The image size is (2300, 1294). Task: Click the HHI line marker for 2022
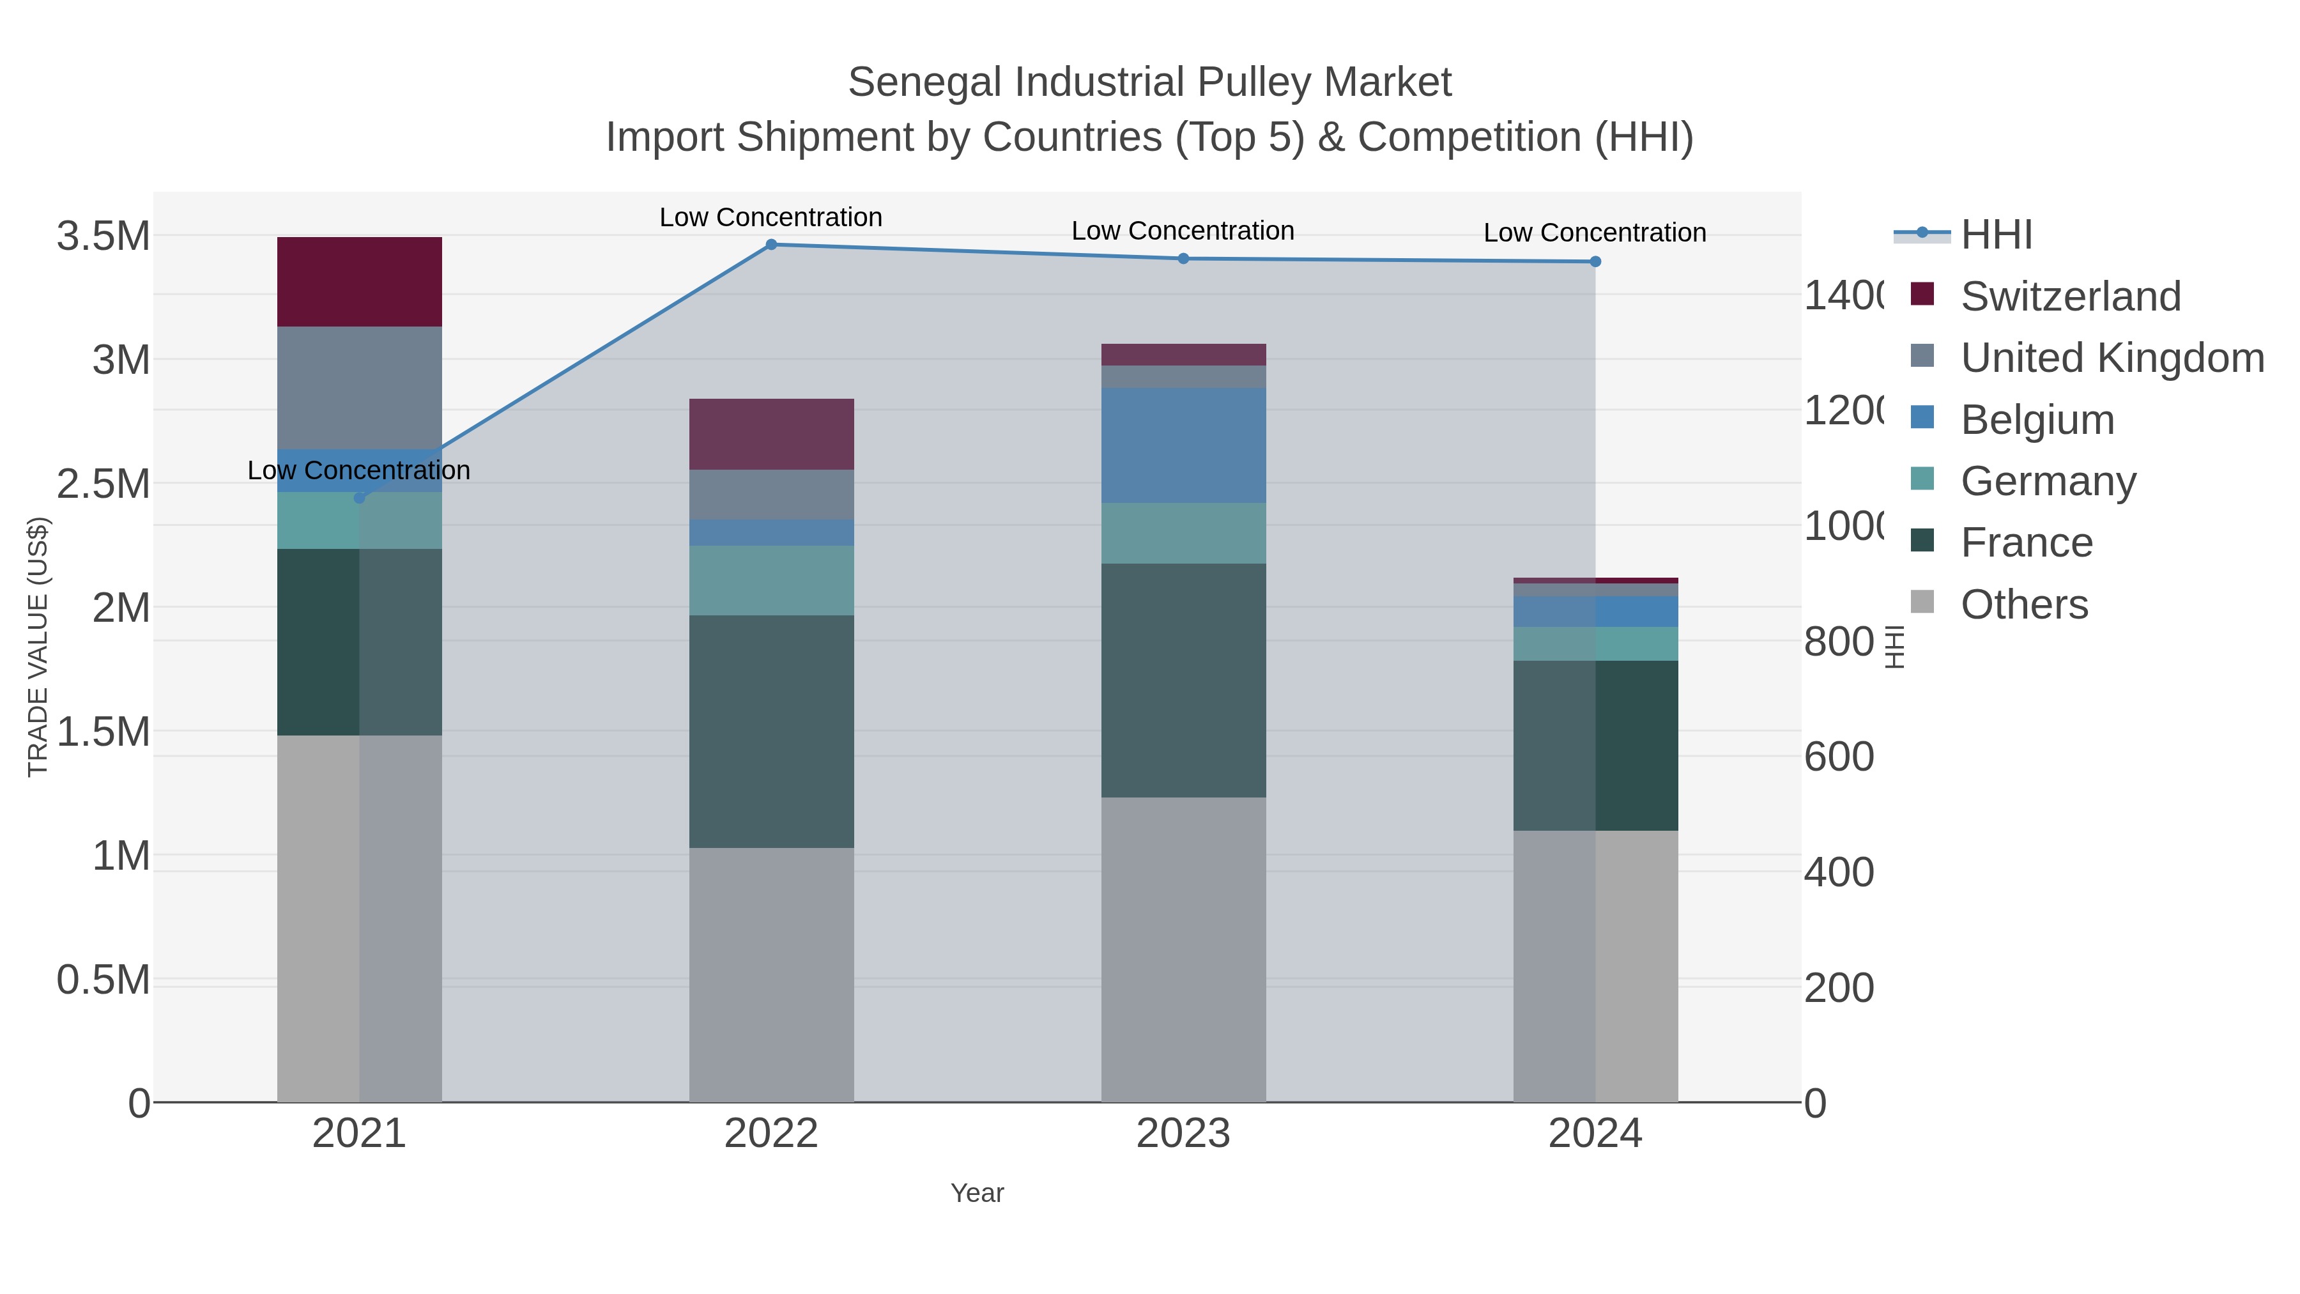point(771,245)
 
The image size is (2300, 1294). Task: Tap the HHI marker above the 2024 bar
point(1595,261)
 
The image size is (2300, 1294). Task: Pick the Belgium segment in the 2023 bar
point(1183,445)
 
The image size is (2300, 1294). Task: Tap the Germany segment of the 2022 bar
point(771,580)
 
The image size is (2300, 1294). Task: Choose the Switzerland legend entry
point(2069,297)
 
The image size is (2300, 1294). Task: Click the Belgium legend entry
point(2037,420)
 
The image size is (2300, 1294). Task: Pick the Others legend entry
point(2023,605)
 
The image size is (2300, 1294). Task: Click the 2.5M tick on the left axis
point(103,484)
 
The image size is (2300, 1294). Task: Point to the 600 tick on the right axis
point(1838,757)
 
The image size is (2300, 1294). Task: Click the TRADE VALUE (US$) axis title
point(38,647)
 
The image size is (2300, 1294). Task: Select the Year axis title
point(977,1193)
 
